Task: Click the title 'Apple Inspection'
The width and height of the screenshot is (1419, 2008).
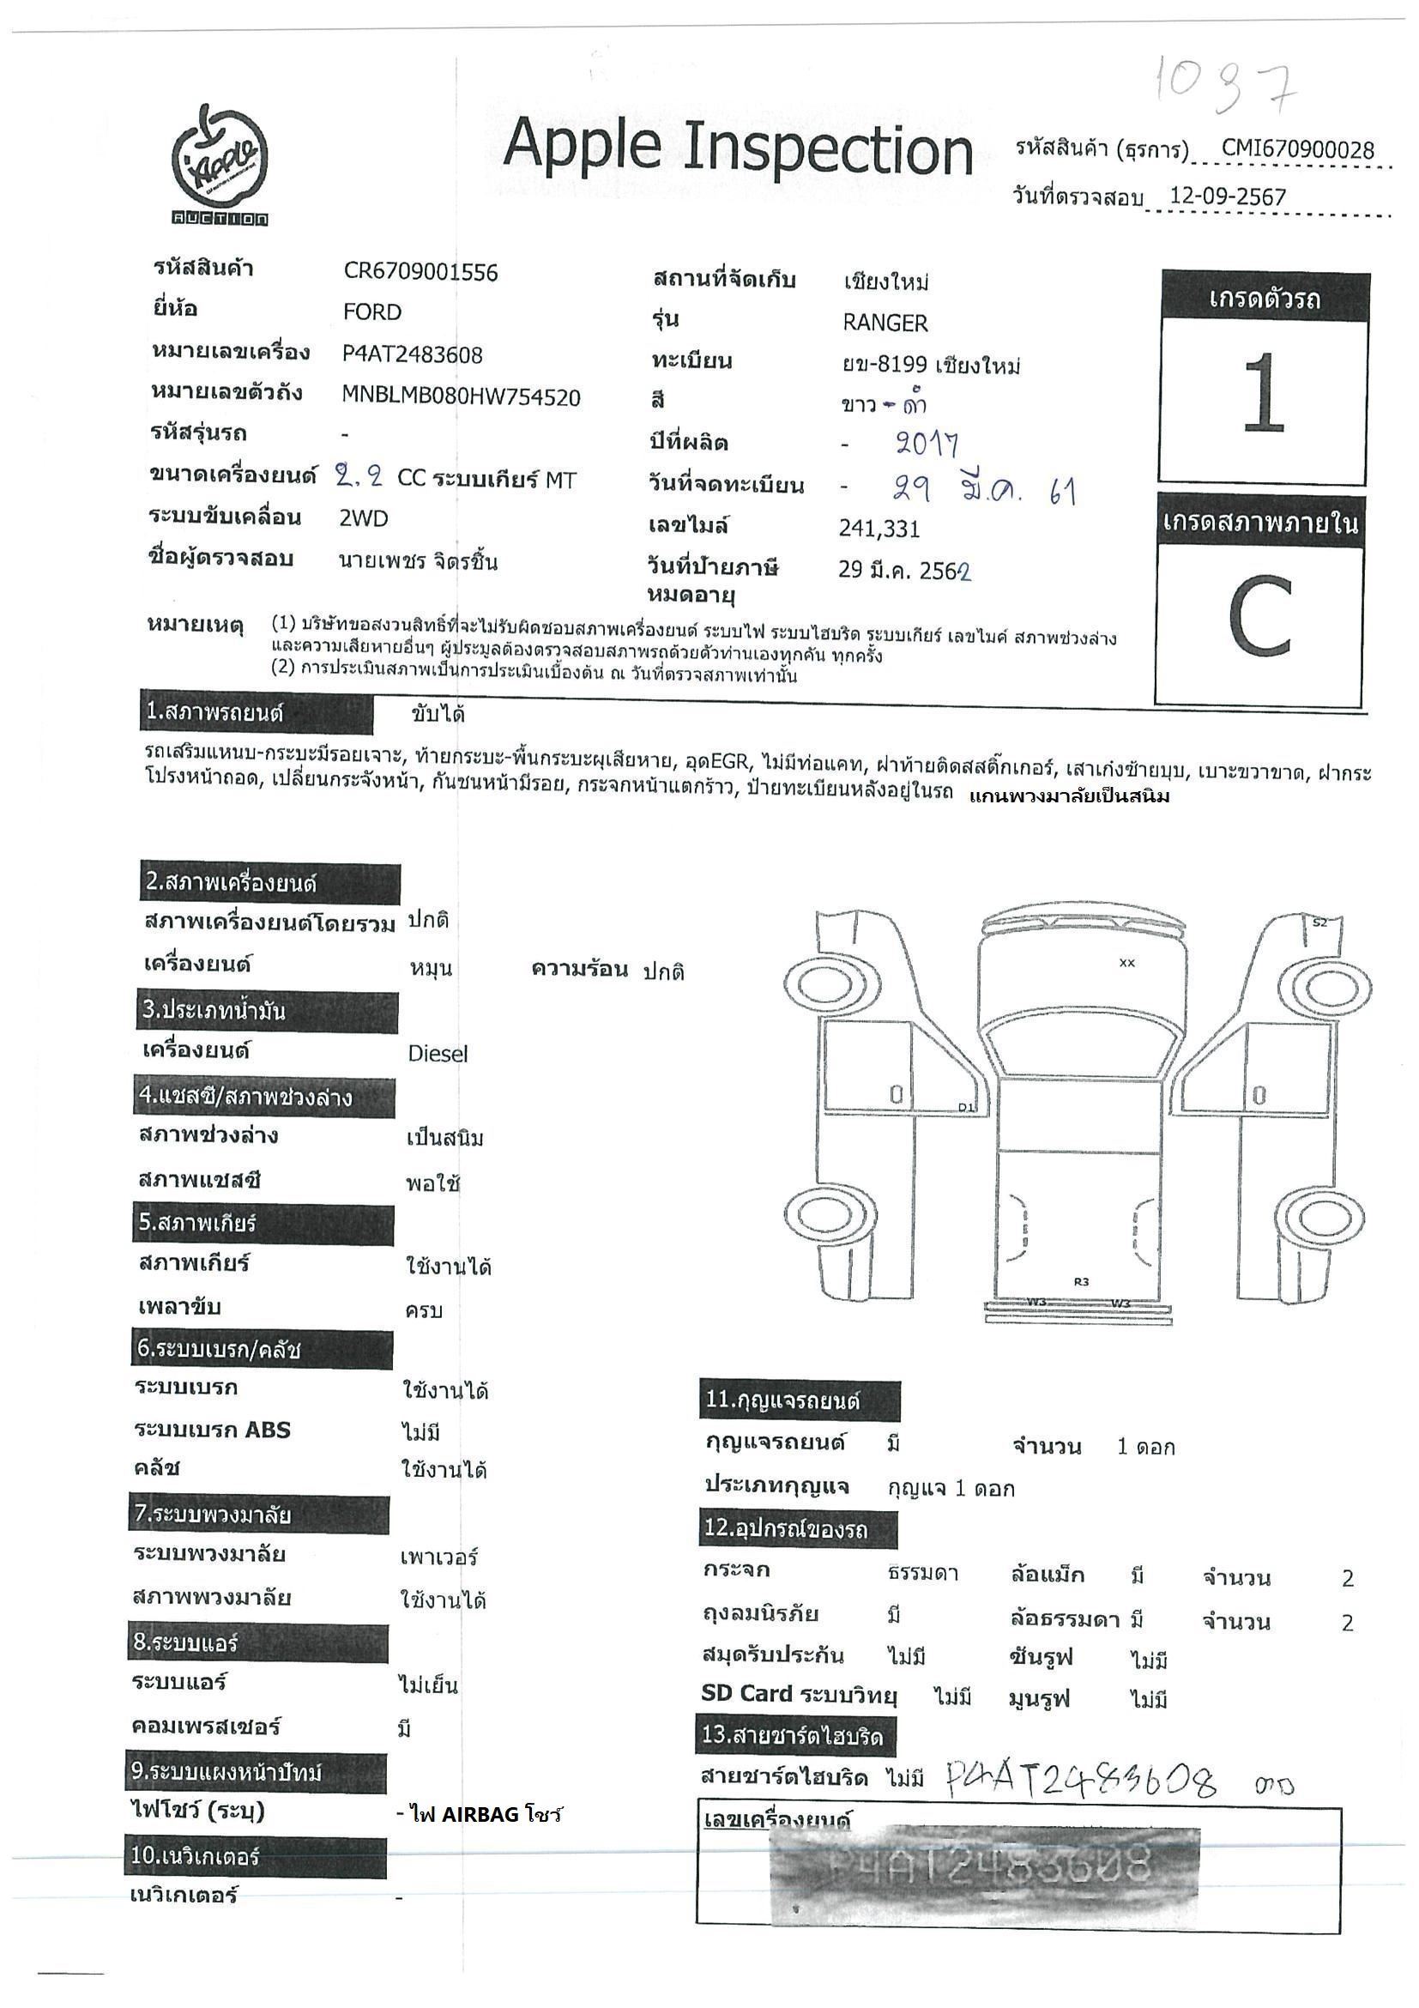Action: [737, 146]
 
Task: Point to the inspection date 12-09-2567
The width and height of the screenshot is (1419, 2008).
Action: [1228, 196]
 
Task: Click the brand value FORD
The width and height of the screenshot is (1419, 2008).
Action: [371, 312]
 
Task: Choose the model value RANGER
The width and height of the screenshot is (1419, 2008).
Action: [885, 323]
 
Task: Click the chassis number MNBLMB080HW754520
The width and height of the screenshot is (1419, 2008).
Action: [461, 397]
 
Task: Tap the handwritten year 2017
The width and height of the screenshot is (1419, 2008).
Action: [927, 445]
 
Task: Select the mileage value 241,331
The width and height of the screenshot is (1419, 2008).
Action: [879, 529]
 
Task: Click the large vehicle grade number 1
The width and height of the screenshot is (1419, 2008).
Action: [1263, 394]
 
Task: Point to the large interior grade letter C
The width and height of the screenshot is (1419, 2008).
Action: [1260, 618]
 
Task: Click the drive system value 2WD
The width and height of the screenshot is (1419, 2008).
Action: [364, 518]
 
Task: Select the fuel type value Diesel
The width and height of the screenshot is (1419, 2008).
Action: [438, 1054]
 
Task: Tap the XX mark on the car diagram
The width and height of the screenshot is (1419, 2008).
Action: [1127, 963]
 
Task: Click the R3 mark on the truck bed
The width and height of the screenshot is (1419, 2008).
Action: [1082, 1282]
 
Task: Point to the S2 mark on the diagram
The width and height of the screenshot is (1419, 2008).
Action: [1319, 922]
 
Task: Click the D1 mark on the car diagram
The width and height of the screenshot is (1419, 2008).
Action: [965, 1107]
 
